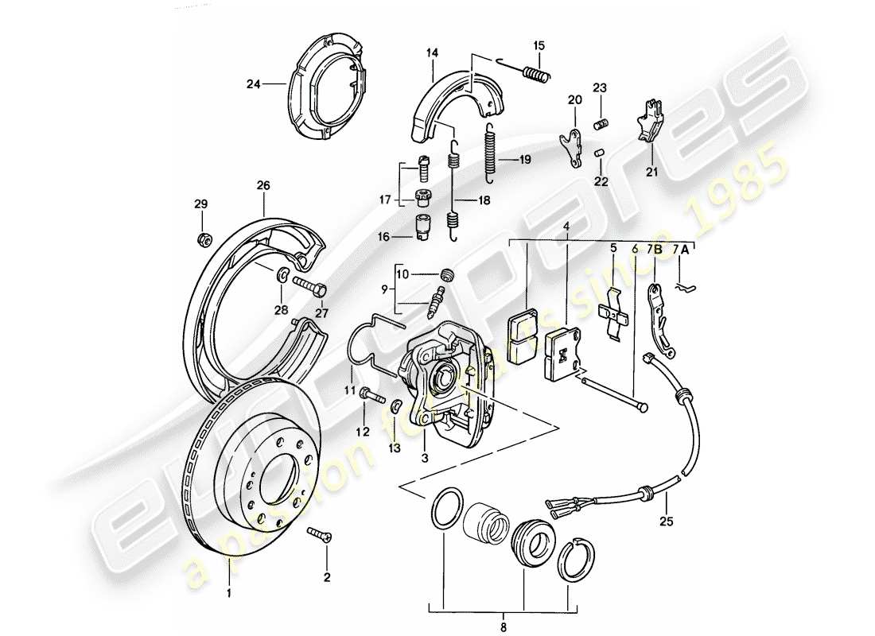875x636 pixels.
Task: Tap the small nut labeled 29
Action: tap(202, 238)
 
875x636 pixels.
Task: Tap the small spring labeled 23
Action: tap(601, 122)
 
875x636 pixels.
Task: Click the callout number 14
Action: tap(432, 53)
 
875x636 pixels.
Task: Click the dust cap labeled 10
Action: tap(446, 275)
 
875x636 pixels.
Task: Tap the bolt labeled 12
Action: tap(370, 393)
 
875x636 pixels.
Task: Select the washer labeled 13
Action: tap(395, 407)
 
